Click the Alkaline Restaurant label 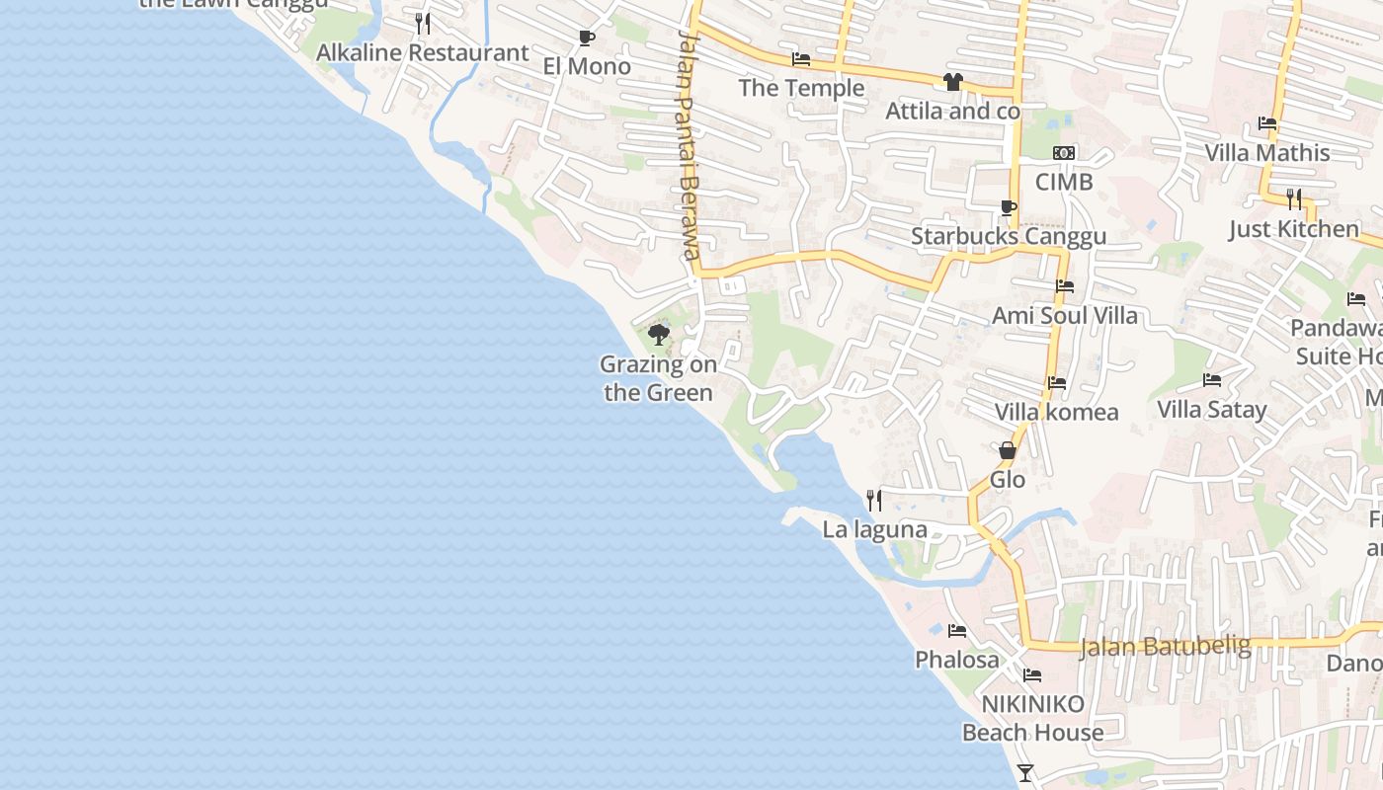click(422, 53)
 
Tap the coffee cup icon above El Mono click(586, 39)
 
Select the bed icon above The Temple click(801, 60)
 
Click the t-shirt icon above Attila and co click(952, 82)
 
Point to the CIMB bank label click(1064, 183)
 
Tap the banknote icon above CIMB click(1064, 153)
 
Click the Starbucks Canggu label click(1008, 237)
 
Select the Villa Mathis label click(1267, 153)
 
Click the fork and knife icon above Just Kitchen click(1294, 199)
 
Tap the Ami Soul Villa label click(1065, 316)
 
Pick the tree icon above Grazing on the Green click(658, 335)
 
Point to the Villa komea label click(1056, 413)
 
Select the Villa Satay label click(1211, 410)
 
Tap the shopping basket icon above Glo click(1008, 451)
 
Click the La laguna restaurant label click(874, 530)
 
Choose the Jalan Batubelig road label click(1166, 647)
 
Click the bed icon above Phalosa click(956, 631)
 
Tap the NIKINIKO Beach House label click(1032, 718)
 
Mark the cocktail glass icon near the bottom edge click(1025, 773)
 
